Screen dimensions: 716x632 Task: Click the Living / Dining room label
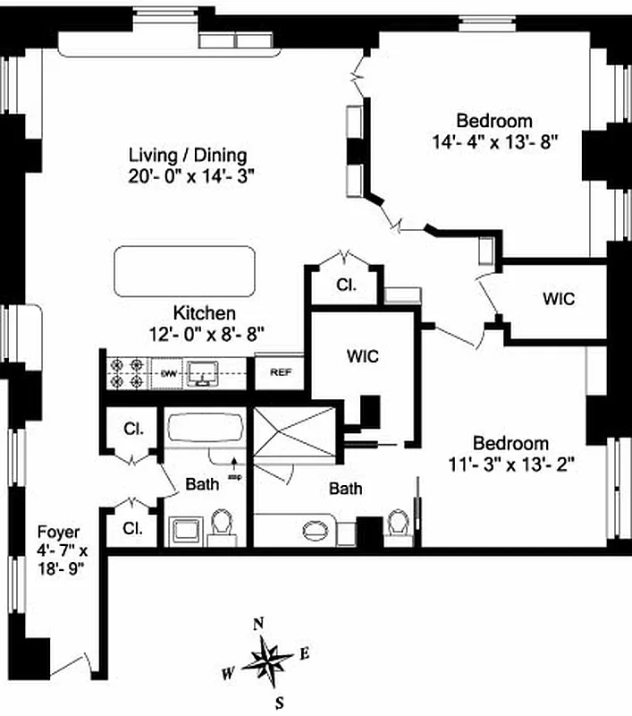187,154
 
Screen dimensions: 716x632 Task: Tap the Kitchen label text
205,313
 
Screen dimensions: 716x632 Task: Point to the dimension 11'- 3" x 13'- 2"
510,464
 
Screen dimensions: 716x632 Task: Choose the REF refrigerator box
280,373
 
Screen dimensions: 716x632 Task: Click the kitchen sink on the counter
204,371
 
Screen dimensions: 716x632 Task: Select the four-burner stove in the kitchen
127,372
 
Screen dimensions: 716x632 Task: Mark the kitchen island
185,271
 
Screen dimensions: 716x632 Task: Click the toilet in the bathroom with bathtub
224,524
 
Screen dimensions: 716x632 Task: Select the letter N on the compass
259,624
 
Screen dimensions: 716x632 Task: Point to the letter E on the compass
304,654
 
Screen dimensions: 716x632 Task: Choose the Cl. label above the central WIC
345,286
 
